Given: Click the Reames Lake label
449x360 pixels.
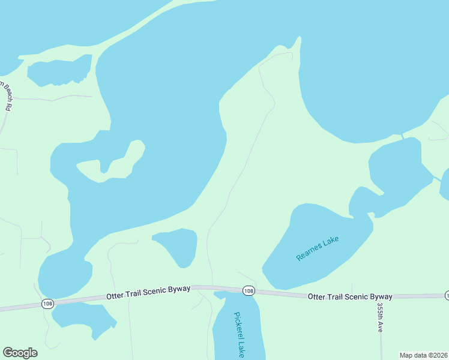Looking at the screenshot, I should tap(318, 248).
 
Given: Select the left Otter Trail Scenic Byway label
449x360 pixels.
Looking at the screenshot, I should tap(148, 292).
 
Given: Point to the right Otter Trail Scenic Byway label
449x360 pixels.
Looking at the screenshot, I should tap(350, 296).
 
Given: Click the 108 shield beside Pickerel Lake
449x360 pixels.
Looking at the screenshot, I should tap(249, 291).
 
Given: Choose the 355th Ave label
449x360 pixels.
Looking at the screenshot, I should tap(380, 317).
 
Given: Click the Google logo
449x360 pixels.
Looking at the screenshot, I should tap(20, 353).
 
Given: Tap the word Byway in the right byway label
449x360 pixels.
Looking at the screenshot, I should tap(379, 296).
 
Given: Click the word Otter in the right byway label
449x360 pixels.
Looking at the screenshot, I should tap(318, 296).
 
